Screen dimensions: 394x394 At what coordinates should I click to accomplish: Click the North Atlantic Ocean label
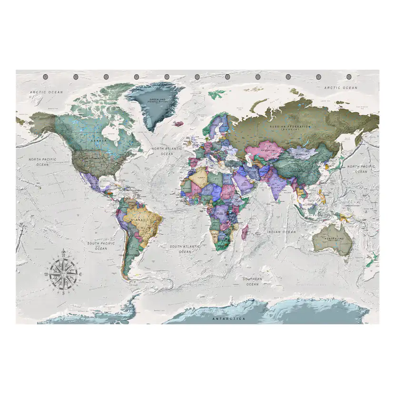[167, 151]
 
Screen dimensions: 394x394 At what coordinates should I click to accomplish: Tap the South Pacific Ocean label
[101, 246]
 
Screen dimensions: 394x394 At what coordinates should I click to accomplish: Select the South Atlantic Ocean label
[185, 248]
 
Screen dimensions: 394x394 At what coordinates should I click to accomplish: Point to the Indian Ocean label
[281, 232]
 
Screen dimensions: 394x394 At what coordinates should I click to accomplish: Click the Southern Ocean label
[252, 281]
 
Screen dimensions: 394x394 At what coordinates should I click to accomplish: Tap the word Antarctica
[229, 318]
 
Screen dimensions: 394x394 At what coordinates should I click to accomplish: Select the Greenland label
[154, 99]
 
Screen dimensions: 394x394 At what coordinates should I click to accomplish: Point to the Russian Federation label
[290, 127]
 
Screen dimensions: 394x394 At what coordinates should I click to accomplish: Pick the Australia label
[333, 237]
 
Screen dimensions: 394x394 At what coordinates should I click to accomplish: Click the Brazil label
[141, 220]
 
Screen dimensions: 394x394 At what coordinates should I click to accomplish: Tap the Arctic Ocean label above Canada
[46, 92]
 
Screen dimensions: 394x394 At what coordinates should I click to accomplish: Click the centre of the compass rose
[63, 274]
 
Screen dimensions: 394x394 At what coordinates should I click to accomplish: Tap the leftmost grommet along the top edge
[45, 77]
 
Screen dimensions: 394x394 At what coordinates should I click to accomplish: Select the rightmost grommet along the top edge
[349, 77]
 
